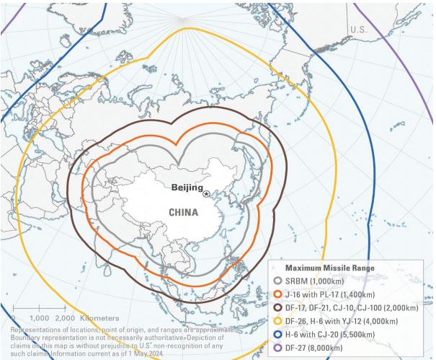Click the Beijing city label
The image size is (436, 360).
(x=187, y=188)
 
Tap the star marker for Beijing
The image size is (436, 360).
(x=207, y=193)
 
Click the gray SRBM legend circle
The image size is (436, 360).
(x=279, y=280)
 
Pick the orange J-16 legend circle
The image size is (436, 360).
(x=279, y=294)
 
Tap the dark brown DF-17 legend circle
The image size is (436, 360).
(x=279, y=307)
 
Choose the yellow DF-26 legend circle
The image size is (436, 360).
(x=279, y=320)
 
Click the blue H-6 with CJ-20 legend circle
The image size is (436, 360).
(x=279, y=333)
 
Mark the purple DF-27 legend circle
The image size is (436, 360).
(x=279, y=346)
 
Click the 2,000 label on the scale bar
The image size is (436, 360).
(x=66, y=318)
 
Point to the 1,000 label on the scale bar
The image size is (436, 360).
(x=39, y=318)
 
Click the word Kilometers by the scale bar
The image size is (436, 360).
(x=99, y=318)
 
